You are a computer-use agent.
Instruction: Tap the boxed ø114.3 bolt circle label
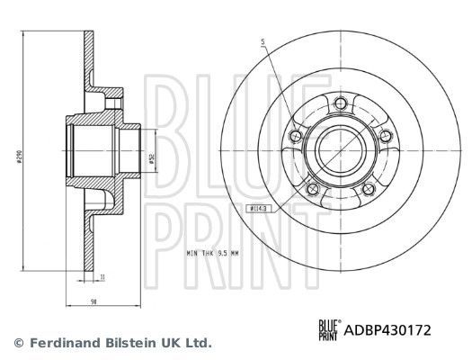pyautogui.click(x=257, y=209)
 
